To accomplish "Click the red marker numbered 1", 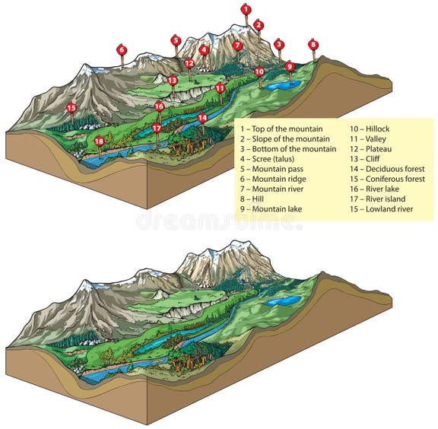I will [x=246, y=10].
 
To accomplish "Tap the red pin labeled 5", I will [x=176, y=40].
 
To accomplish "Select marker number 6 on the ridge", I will [x=122, y=50].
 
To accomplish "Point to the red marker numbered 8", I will [x=313, y=45].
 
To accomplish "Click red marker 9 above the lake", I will [x=290, y=66].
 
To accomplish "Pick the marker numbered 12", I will [x=189, y=63].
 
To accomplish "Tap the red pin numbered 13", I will [x=173, y=80].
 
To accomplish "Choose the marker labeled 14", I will [x=202, y=118].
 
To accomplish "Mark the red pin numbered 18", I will [x=99, y=141].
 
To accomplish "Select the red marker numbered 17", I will [x=157, y=128].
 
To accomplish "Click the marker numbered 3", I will [x=279, y=45].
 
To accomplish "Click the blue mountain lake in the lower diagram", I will [x=283, y=301].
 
